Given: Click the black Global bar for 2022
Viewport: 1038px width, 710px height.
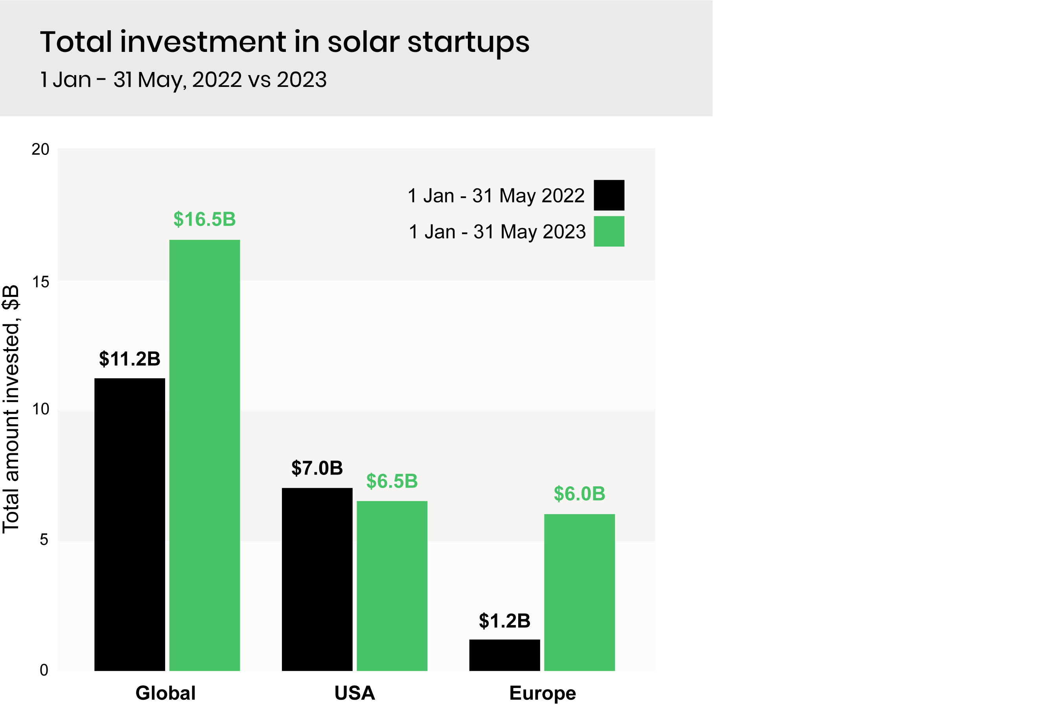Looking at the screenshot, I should pyautogui.click(x=129, y=525).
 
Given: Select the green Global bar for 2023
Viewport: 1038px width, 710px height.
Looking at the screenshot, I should pyautogui.click(x=204, y=456).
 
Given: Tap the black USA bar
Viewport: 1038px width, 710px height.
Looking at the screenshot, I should pyautogui.click(x=317, y=579).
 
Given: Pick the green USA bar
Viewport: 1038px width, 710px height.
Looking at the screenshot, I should pyautogui.click(x=392, y=586).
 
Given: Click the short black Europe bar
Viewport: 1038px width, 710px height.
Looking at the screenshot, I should pyautogui.click(x=504, y=655).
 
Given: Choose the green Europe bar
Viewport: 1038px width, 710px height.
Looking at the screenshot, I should pyautogui.click(x=579, y=592).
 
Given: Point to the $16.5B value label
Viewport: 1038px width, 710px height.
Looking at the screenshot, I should pyautogui.click(x=204, y=219).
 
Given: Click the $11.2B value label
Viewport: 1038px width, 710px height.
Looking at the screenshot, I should pyautogui.click(x=129, y=359).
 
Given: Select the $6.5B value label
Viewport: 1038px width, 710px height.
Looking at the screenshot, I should pyautogui.click(x=392, y=481).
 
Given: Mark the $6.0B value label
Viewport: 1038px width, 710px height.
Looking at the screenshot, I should pyautogui.click(x=579, y=494).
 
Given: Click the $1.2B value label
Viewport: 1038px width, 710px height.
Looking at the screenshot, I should pyautogui.click(x=504, y=621).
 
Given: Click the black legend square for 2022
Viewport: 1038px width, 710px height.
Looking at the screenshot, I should pyautogui.click(x=609, y=195).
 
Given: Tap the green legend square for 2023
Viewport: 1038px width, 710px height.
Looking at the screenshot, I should pyautogui.click(x=609, y=231).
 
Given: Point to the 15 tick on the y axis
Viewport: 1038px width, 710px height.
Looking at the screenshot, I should pyautogui.click(x=40, y=282).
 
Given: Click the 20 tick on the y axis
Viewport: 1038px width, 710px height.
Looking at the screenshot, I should pyautogui.click(x=40, y=150).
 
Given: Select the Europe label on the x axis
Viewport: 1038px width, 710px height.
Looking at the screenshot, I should pyautogui.click(x=542, y=693).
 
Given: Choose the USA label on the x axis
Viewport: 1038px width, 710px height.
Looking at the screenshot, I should pyautogui.click(x=355, y=693).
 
